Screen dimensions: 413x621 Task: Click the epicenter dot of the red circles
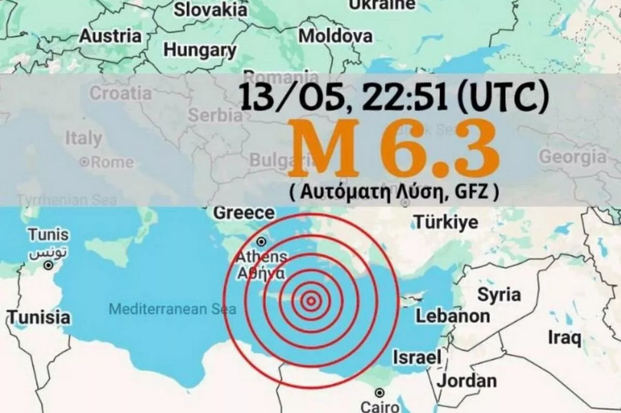[x=310, y=301]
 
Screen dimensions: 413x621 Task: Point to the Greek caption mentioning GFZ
[x=394, y=192]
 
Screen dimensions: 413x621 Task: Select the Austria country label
[x=110, y=36]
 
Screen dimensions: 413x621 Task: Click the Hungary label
[x=200, y=51]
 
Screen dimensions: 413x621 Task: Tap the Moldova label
[x=335, y=36]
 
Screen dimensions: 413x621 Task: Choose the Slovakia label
[x=211, y=10]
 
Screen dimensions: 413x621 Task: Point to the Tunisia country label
[x=39, y=317]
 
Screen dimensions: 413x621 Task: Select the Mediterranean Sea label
[x=172, y=310]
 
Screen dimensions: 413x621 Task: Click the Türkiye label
[x=445, y=223]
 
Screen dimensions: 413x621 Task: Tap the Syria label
[x=499, y=294]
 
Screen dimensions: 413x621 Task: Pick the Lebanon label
[x=452, y=316]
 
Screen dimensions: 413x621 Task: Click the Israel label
[x=417, y=357]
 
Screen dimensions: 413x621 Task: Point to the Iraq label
[x=564, y=337]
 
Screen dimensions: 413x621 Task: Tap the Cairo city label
[x=380, y=407]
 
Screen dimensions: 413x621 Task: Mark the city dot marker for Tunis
[x=48, y=265]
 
